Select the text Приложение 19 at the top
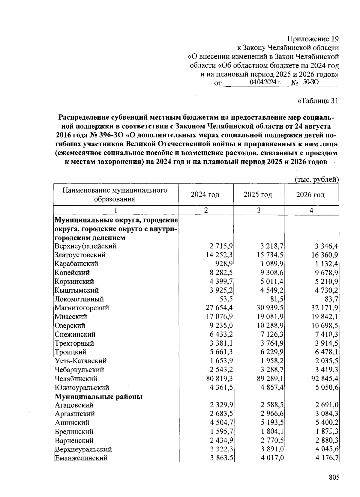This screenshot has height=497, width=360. click(x=313, y=39)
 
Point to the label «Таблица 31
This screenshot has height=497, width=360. click(x=318, y=101)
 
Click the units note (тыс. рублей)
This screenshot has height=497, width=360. click(x=317, y=180)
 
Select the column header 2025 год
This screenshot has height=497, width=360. click(x=258, y=195)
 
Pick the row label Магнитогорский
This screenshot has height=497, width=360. click(x=82, y=308)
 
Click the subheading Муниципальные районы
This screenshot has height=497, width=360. click(x=98, y=397)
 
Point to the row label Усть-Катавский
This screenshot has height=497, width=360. click(x=80, y=361)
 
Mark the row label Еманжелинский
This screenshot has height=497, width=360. click(x=81, y=458)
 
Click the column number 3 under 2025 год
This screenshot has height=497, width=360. click(x=259, y=210)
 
